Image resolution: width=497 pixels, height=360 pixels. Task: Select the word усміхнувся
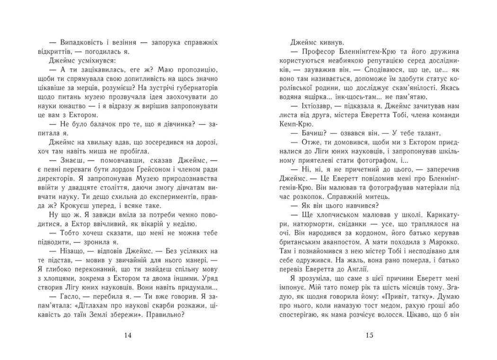pyautogui.click(x=88, y=61)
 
